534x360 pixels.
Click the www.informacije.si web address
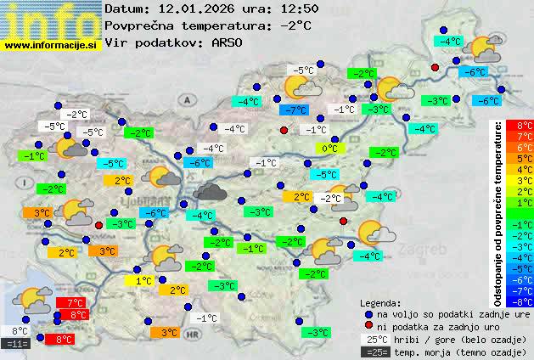pos(51,45)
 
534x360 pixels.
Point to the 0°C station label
pos(329,149)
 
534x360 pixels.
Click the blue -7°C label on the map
pos(294,110)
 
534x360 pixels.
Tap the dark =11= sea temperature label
pos(16,344)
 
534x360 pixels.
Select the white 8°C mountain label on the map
pos(20,331)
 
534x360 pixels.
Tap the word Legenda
pos(381,301)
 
